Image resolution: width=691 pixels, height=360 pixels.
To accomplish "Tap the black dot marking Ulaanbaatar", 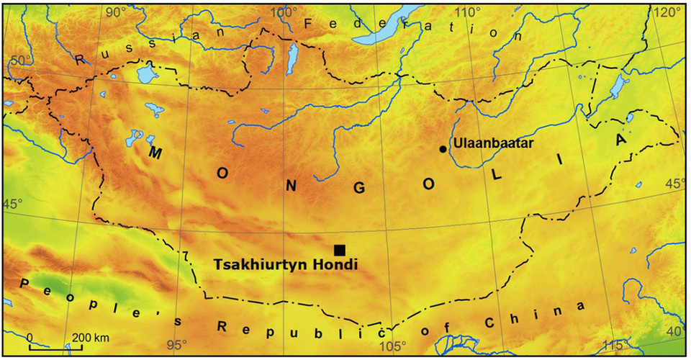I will pos(443,149).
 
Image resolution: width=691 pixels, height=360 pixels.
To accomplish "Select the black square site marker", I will pos(340,250).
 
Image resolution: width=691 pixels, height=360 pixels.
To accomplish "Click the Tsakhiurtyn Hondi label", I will pos(286,265).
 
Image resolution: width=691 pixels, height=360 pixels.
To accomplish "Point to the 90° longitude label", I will pos(117,12).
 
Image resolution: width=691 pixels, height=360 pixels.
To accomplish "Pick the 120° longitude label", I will pos(667,12).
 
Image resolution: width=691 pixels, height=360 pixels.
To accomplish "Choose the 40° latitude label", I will pos(674,331).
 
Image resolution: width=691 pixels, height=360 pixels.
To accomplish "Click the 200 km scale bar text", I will pos(91,337).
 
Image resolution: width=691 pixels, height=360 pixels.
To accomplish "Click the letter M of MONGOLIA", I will pos(155,153).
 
